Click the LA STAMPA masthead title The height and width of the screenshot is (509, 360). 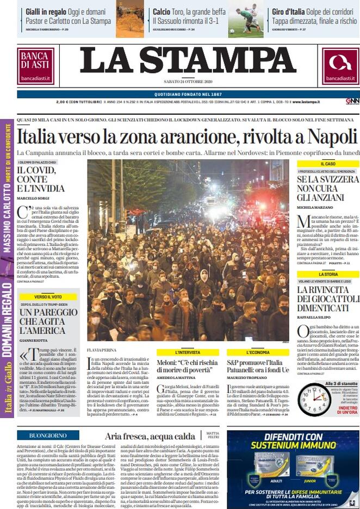188,61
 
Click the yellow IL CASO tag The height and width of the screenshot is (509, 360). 328,164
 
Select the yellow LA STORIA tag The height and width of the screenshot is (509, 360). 328,275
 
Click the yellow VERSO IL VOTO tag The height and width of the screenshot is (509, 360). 48,296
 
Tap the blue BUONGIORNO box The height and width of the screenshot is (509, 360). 48,436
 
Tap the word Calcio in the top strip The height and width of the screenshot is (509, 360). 162,11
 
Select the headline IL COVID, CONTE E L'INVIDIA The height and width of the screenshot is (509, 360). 41,179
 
